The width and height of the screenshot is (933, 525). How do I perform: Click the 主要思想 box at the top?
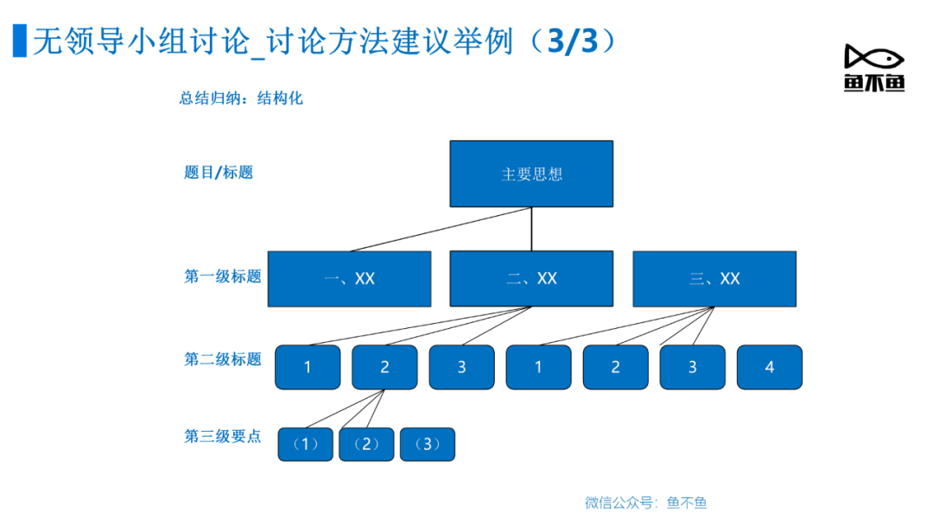pyautogui.click(x=531, y=174)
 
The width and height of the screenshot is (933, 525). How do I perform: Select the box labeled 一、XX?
pyautogui.click(x=349, y=279)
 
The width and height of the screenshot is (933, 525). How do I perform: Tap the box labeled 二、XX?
pyautogui.click(x=531, y=278)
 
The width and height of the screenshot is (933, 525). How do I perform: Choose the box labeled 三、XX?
pyautogui.click(x=714, y=279)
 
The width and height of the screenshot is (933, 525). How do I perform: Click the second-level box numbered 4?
pyautogui.click(x=770, y=368)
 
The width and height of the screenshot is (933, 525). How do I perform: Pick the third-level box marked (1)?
pyautogui.click(x=305, y=444)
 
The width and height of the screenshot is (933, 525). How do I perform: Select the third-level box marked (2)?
pyautogui.click(x=366, y=444)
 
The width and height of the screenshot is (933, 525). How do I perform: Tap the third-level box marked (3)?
pyautogui.click(x=428, y=444)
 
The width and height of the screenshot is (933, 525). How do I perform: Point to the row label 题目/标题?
pyautogui.click(x=219, y=173)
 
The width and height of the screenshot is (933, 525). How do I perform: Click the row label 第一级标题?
pyautogui.click(x=223, y=276)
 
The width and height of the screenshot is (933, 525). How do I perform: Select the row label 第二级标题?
pyautogui.click(x=223, y=359)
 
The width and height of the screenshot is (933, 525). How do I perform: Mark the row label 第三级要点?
pyautogui.click(x=223, y=436)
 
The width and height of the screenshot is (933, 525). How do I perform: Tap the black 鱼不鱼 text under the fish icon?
pyautogui.click(x=874, y=83)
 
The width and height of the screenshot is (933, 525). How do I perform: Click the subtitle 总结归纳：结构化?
pyautogui.click(x=241, y=98)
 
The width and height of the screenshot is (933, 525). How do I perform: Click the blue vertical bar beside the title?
pyautogui.click(x=20, y=41)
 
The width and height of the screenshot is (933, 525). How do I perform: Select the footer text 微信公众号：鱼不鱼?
pyautogui.click(x=645, y=503)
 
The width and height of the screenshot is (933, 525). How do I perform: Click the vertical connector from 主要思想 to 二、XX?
pyautogui.click(x=531, y=229)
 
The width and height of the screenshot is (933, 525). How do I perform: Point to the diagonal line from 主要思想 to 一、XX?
pyautogui.click(x=441, y=229)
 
